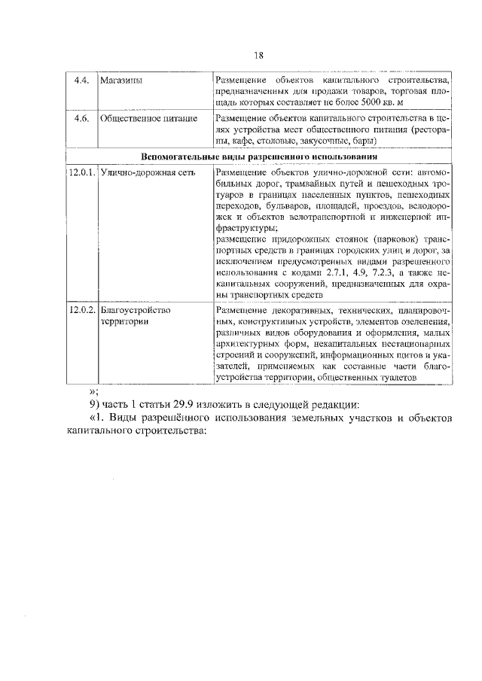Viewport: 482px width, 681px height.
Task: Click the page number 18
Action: (x=258, y=54)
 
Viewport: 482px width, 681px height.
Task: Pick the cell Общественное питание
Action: (x=148, y=118)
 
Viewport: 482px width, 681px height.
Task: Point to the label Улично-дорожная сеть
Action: (x=147, y=172)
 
